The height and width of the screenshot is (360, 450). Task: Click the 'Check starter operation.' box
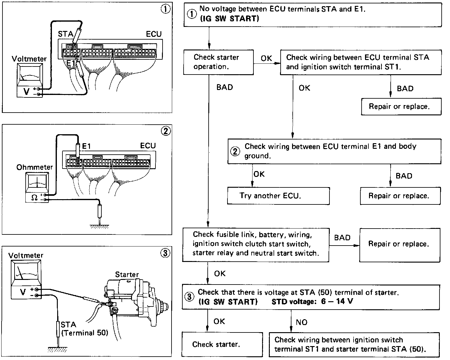(x=218, y=62)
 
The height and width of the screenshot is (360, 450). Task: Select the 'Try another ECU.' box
(x=278, y=195)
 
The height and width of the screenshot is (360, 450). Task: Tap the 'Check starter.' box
(x=222, y=345)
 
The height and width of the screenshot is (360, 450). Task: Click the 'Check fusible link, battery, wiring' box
(x=255, y=244)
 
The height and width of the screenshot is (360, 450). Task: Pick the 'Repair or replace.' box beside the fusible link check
(x=399, y=244)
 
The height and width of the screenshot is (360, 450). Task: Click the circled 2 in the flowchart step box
(x=236, y=151)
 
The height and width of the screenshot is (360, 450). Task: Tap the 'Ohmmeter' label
(x=35, y=167)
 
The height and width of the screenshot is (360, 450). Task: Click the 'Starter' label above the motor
(x=127, y=274)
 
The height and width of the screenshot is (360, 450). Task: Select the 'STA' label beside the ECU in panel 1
(x=65, y=34)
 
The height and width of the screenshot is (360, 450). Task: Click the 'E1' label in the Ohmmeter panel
(x=87, y=146)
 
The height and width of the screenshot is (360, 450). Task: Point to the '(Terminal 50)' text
(x=85, y=333)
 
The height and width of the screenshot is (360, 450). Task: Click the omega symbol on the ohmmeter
(x=34, y=197)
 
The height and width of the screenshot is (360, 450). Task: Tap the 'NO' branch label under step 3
(x=301, y=322)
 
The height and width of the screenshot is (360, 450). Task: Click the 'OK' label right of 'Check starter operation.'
(x=266, y=58)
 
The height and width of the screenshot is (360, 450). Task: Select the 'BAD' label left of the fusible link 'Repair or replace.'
(x=342, y=238)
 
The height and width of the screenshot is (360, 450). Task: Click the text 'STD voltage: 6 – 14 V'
(x=312, y=302)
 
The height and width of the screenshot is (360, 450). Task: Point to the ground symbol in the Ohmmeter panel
(x=100, y=226)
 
